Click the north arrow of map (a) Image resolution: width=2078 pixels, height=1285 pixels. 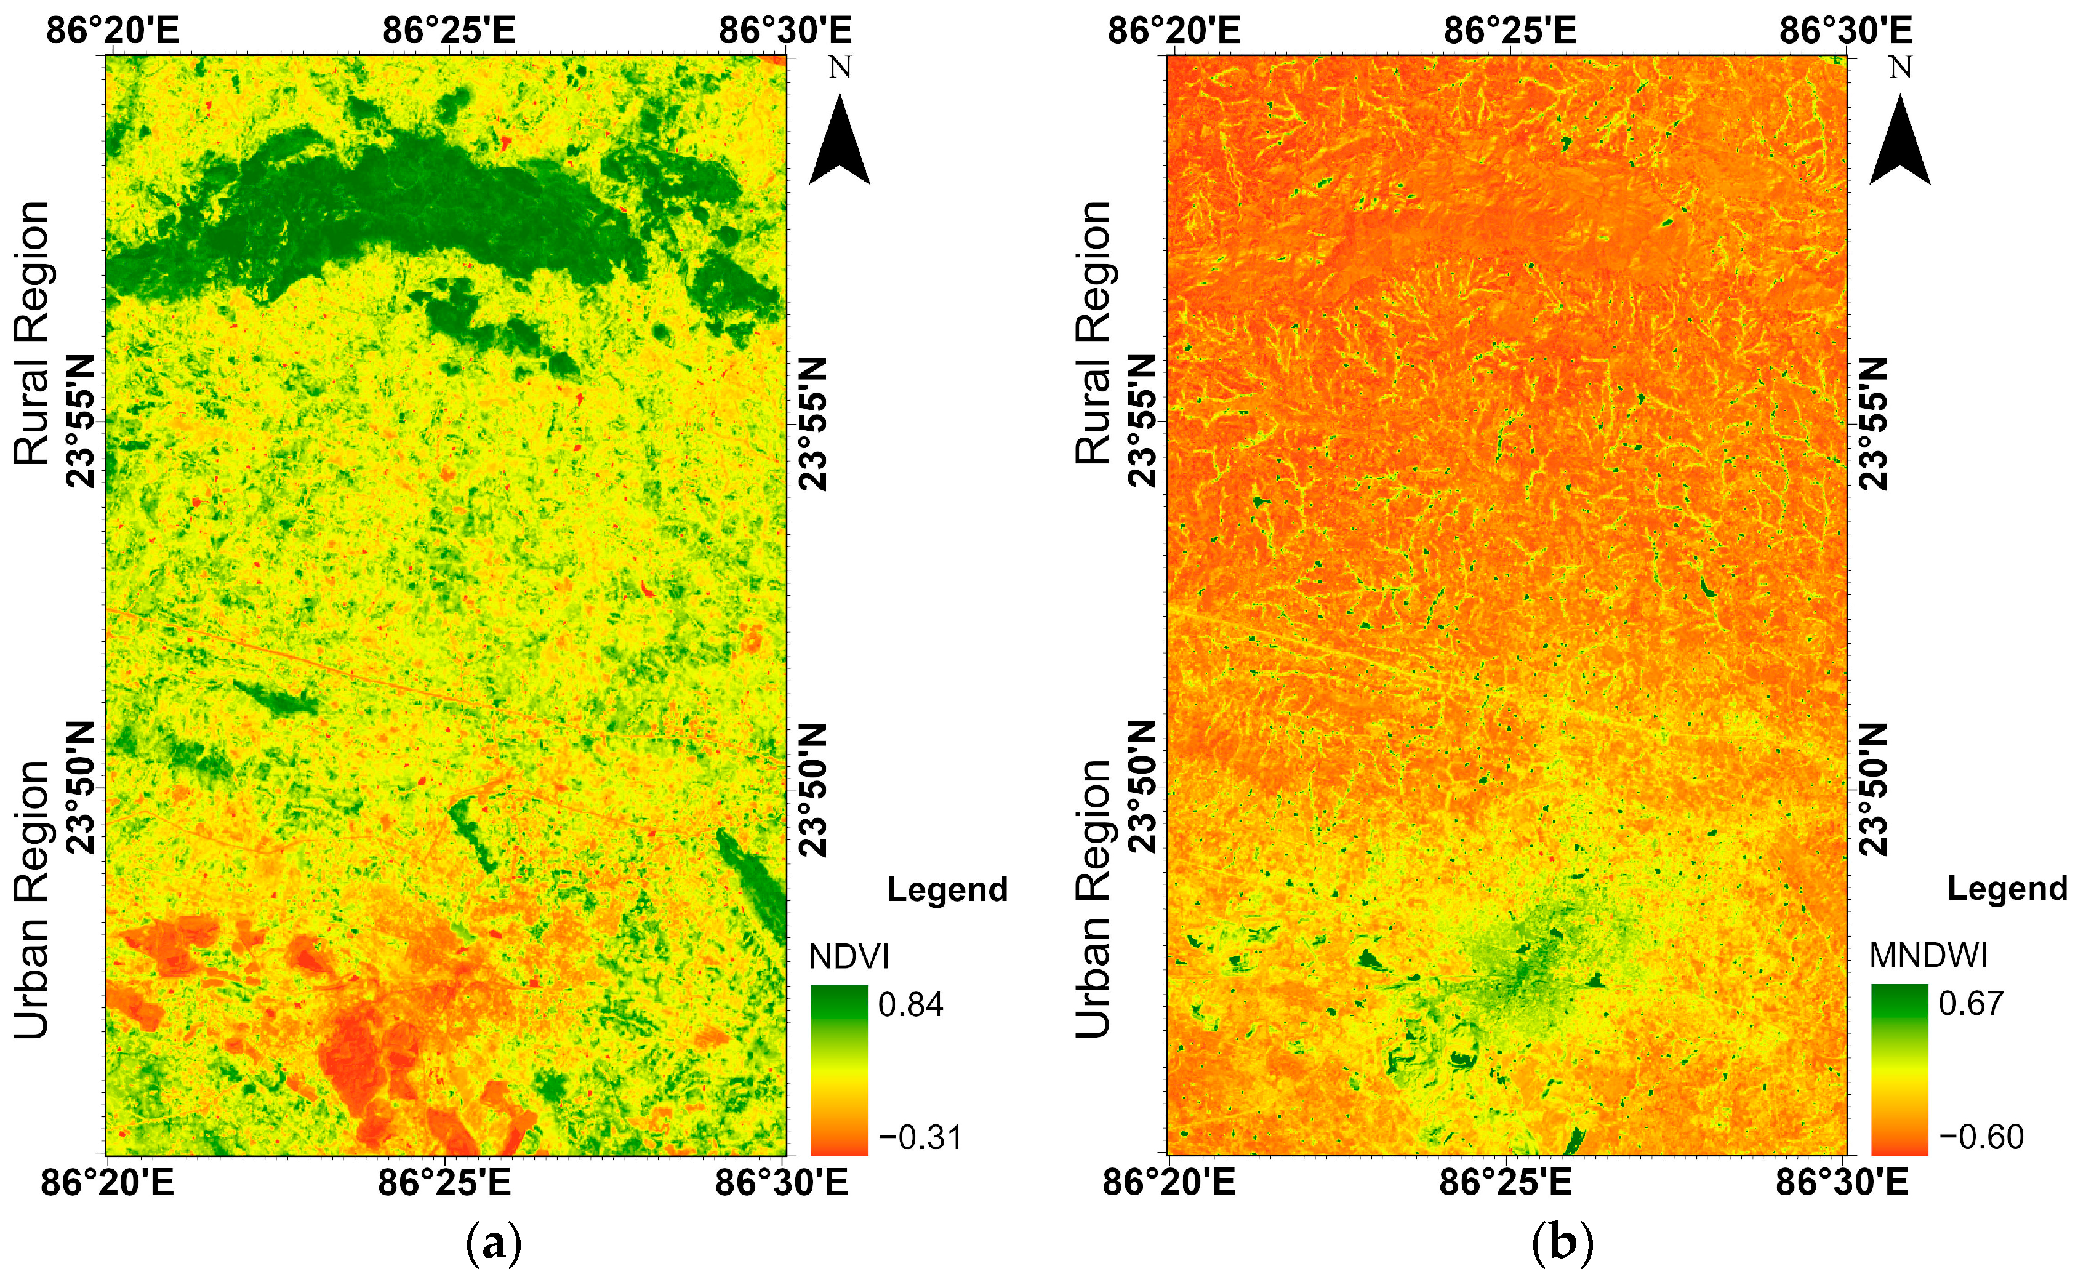coord(839,140)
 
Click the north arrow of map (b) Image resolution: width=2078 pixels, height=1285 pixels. coord(1899,140)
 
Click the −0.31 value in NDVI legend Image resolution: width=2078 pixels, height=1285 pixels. coord(920,1137)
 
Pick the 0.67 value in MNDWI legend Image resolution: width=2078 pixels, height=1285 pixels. coord(1971,1004)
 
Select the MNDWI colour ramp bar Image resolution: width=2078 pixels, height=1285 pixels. coord(1899,1069)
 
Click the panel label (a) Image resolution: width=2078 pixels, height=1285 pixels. coord(494,1243)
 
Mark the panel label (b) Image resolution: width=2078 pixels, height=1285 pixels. coord(1562,1243)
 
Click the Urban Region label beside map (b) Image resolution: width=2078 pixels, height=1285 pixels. coord(1093,899)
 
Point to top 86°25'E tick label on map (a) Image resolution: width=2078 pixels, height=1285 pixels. coord(448,31)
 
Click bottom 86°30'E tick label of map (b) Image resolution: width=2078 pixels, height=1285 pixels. coord(1841,1182)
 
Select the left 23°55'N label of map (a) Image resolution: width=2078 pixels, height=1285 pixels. coord(82,422)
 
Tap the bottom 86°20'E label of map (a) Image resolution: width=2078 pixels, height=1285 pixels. coord(107,1182)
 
